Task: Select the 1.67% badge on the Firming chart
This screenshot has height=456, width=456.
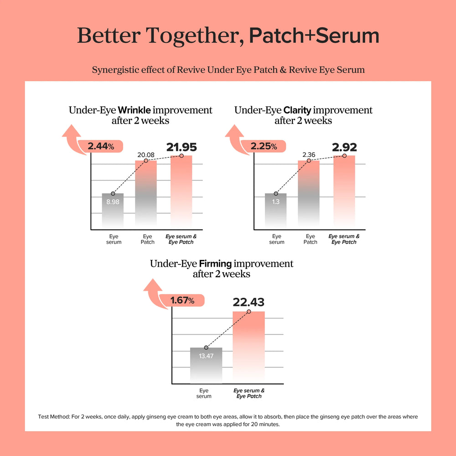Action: coord(182,301)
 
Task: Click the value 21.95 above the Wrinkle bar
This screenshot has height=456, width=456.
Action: coord(181,147)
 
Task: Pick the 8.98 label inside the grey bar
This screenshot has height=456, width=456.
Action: coord(113,202)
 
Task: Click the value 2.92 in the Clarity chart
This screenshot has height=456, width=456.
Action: coord(344,147)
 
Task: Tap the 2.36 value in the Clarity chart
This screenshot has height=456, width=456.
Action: coord(309,155)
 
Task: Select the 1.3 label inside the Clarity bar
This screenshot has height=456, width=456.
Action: coord(275,202)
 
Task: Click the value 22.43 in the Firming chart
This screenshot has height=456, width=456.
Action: coord(249,302)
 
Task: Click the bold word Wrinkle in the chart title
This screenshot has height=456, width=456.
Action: coord(135,110)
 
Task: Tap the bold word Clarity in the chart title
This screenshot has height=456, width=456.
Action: coord(298,110)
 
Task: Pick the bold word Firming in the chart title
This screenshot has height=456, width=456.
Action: coord(216,264)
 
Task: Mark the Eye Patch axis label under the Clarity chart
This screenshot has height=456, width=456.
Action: coord(311,239)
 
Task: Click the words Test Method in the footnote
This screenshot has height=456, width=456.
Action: coord(54,417)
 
